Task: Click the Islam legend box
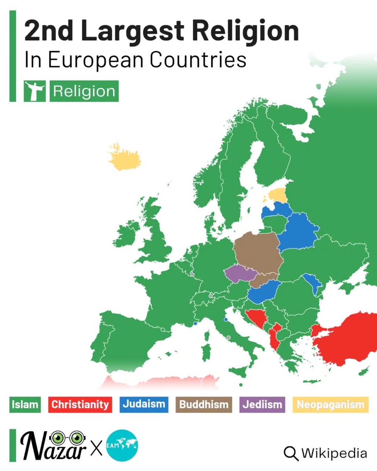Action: click(25, 405)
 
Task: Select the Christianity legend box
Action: click(80, 405)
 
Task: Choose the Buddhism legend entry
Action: click(203, 405)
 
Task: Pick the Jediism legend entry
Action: click(262, 405)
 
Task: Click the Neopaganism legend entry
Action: click(330, 405)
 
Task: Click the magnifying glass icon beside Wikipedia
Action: click(291, 453)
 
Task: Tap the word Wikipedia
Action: click(334, 453)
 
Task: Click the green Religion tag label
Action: click(84, 91)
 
